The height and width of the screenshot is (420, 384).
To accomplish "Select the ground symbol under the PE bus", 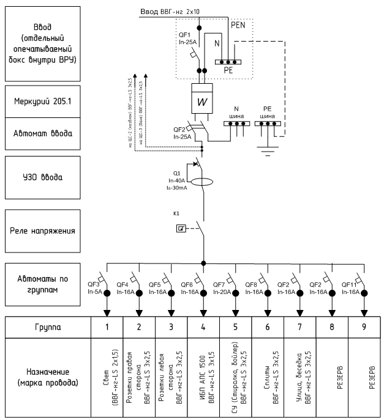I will point(267,147).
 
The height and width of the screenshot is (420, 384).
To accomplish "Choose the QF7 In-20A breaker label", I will point(219,288).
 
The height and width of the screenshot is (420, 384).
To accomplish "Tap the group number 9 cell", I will point(364,326).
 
